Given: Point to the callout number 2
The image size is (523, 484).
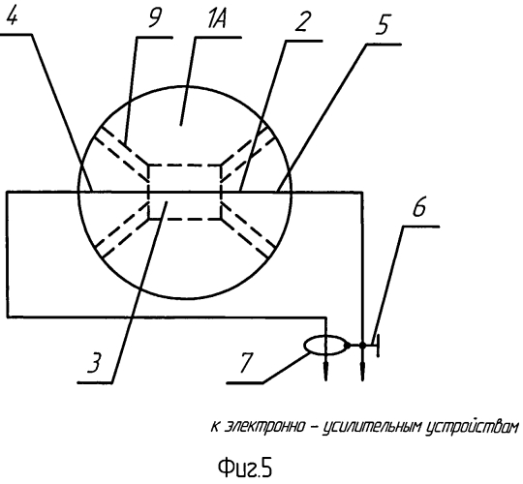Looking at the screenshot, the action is (302, 20).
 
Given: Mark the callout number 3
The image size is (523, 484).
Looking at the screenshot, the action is (94, 361).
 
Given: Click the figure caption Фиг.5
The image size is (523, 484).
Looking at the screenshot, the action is (245, 468).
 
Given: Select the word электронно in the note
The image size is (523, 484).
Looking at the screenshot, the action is (264, 426).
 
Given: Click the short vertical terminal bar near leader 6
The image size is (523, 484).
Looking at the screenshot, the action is (378, 346).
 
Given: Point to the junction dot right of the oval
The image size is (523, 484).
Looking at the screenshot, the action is (362, 346).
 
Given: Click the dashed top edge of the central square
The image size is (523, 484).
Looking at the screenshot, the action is (184, 165).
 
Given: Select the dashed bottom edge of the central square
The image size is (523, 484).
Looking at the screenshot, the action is (184, 219).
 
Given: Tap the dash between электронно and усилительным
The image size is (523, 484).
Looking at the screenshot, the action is (314, 428).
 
